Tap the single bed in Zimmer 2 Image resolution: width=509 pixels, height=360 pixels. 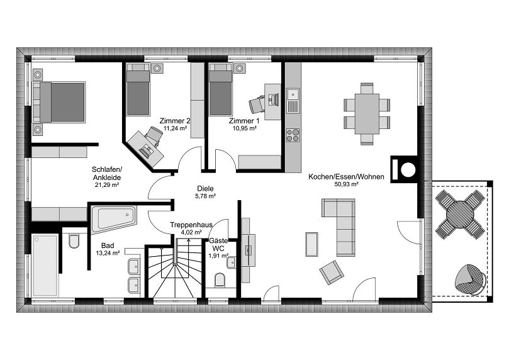point(138,93)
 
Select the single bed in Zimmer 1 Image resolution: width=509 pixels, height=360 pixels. point(220,93)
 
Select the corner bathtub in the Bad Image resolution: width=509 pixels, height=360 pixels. point(114,219)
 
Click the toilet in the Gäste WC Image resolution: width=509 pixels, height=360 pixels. point(220,279)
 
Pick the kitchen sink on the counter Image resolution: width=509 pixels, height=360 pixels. point(293,96)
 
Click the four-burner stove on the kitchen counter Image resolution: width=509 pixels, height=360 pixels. point(293,135)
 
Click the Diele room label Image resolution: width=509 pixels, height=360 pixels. point(205,188)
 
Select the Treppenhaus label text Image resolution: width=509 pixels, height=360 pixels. point(190,224)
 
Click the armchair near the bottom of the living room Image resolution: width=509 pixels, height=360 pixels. point(332,272)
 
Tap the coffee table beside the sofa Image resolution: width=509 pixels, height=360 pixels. point(312,244)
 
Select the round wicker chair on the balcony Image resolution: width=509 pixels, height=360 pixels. point(469,278)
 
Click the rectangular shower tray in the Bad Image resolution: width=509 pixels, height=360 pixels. point(45,265)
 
